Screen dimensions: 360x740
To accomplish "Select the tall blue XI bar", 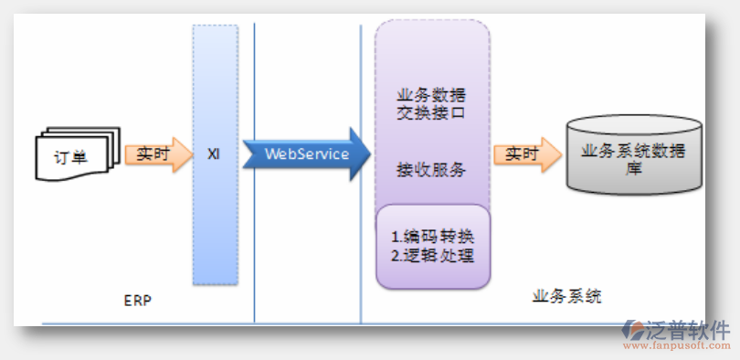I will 216,219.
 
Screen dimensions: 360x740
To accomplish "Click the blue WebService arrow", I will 307,154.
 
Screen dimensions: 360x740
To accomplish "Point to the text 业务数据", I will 432,95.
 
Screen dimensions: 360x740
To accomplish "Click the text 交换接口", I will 432,114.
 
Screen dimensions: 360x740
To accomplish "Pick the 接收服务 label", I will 432,169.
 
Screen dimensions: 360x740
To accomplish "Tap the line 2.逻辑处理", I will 433,255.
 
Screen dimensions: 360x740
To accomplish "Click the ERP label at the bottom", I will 136,299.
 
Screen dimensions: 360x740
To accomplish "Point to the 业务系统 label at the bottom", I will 566,297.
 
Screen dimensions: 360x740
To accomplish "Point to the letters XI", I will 214,154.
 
